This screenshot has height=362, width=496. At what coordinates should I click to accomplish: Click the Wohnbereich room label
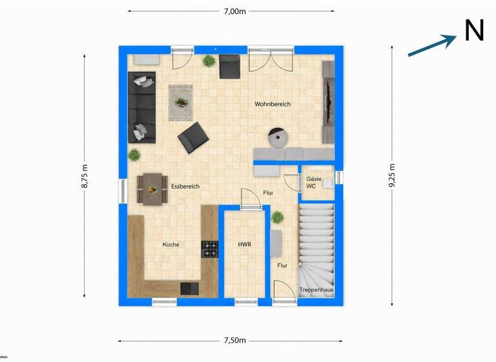tap(273, 104)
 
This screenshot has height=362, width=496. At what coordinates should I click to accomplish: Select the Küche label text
tap(170, 245)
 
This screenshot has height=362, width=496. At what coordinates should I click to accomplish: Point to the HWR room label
tap(244, 245)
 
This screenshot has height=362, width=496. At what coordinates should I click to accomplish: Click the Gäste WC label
tap(313, 182)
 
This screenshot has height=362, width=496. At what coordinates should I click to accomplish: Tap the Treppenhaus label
tap(316, 290)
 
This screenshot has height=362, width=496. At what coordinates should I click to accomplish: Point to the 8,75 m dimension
tap(84, 175)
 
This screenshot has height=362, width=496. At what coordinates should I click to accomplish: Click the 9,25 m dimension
tap(391, 175)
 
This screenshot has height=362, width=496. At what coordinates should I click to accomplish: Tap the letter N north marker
tap(474, 30)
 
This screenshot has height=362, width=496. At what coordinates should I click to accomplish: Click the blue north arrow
tap(432, 45)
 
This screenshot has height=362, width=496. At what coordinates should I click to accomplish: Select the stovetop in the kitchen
tap(210, 249)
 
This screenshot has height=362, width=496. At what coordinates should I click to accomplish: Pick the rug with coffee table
tap(181, 102)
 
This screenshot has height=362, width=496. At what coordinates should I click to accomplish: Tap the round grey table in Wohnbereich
tap(278, 137)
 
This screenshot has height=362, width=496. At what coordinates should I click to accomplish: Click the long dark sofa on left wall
tap(143, 107)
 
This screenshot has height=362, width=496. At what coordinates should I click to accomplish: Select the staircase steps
tap(316, 242)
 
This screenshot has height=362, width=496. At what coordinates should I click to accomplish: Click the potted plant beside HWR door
tap(278, 217)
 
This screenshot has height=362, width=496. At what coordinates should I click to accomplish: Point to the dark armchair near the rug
tap(193, 138)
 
